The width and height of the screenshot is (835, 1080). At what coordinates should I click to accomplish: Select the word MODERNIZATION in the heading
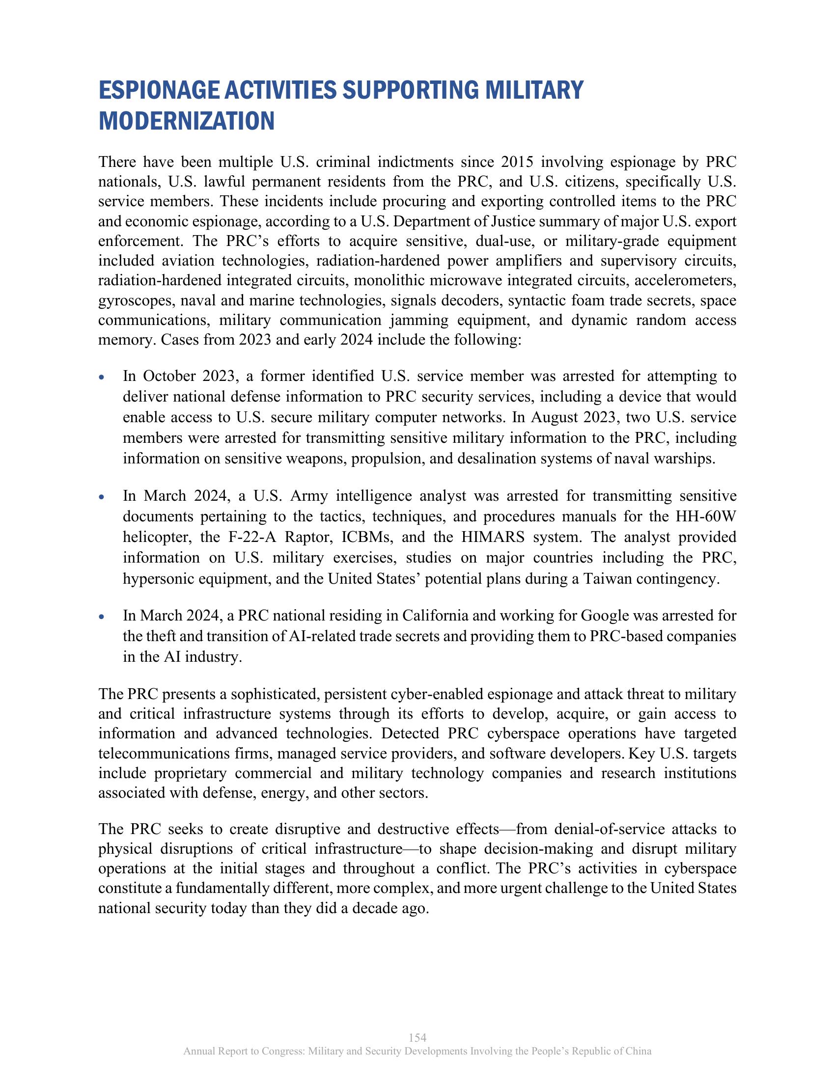[187, 121]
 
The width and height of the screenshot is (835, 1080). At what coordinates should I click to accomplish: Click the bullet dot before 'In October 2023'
[101, 378]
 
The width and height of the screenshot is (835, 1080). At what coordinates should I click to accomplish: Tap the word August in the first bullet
[554, 418]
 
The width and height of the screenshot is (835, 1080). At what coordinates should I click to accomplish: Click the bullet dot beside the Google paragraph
[101, 617]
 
